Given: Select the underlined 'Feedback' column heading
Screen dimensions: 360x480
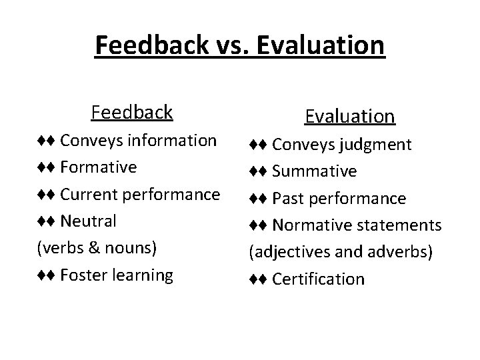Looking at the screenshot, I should point(132,112).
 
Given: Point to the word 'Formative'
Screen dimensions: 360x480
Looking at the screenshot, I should point(99,167).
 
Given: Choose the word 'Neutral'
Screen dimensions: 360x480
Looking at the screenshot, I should point(89,221).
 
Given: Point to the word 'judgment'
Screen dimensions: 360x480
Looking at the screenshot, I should point(379,145).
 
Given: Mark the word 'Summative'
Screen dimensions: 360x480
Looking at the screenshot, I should point(315,171).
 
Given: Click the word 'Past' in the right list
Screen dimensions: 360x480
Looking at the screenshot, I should point(287,198).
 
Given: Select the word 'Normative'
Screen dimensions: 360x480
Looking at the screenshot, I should point(311,225).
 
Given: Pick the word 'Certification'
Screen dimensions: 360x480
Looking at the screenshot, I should point(319,279).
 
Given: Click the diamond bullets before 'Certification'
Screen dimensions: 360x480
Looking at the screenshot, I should point(259,279).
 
